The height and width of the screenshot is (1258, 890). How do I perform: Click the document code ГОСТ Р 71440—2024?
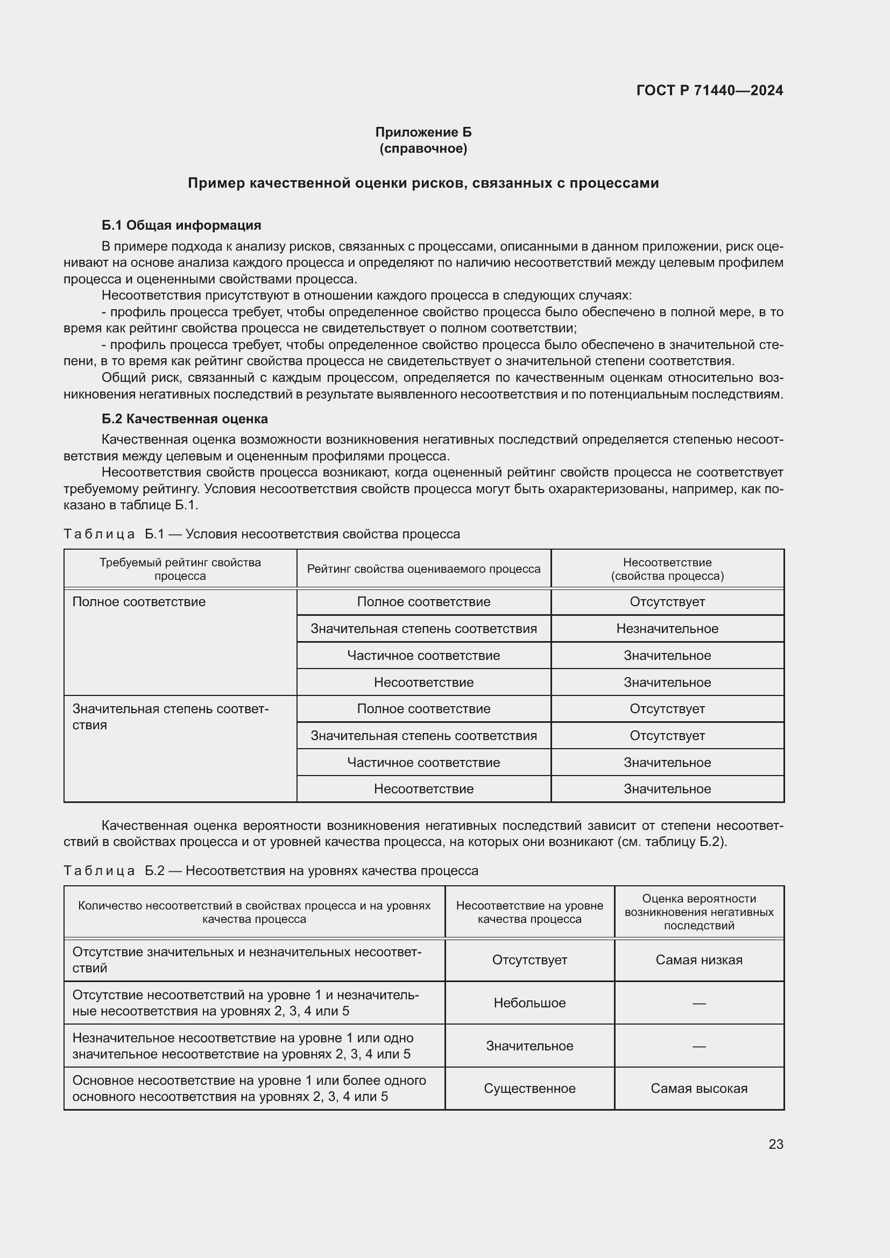(709, 90)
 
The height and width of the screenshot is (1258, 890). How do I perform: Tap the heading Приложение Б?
(423, 132)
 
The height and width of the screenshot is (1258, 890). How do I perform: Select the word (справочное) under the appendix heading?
(423, 148)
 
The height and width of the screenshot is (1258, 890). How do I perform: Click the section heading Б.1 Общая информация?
(181, 225)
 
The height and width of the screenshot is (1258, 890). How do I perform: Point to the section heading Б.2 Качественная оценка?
(184, 418)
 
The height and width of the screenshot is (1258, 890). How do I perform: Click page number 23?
(775, 1144)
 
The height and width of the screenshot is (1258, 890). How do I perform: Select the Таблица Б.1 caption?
(262, 534)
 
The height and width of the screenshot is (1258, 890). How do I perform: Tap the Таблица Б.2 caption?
(271, 871)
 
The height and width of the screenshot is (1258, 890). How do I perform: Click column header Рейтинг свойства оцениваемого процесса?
(423, 568)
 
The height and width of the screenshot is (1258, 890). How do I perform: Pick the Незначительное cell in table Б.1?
(667, 628)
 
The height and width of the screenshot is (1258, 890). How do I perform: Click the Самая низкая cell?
(699, 960)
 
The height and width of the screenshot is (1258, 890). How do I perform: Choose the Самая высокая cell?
(699, 1088)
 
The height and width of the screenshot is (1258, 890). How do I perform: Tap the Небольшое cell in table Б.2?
(529, 1003)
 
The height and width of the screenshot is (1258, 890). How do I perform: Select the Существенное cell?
(529, 1088)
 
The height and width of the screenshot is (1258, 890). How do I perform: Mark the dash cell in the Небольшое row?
(699, 1003)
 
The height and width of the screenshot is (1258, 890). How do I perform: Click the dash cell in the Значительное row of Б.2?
(699, 1046)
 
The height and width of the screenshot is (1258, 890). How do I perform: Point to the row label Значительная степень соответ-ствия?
(170, 716)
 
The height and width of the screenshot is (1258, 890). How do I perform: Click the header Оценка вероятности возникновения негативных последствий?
(699, 912)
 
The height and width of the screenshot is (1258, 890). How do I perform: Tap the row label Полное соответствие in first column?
(139, 602)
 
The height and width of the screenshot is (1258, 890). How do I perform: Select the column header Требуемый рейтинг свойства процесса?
(180, 568)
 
